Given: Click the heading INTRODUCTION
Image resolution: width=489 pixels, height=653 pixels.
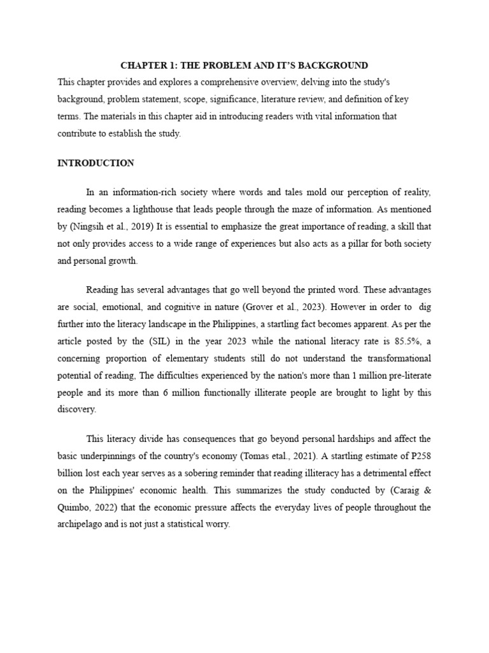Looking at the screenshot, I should point(96,163).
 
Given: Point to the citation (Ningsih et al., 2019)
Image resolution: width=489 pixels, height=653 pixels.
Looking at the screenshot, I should point(103,225).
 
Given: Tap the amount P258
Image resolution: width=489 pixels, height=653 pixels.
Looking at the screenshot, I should point(418,455).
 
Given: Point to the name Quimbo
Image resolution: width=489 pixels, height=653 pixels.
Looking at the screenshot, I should point(75,508).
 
